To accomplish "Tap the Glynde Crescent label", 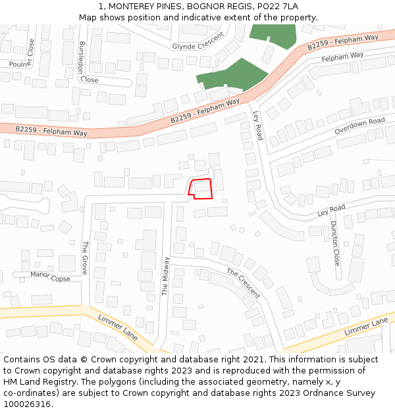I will (x=198, y=41).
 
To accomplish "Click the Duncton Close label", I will (x=335, y=242).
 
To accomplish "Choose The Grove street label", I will (x=85, y=257).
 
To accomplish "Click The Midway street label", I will (x=166, y=276).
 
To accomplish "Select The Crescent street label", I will (x=244, y=283).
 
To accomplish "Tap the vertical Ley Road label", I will (x=258, y=125).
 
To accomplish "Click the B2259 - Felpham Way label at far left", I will (x=51, y=131).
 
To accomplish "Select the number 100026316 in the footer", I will (x=27, y=404).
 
